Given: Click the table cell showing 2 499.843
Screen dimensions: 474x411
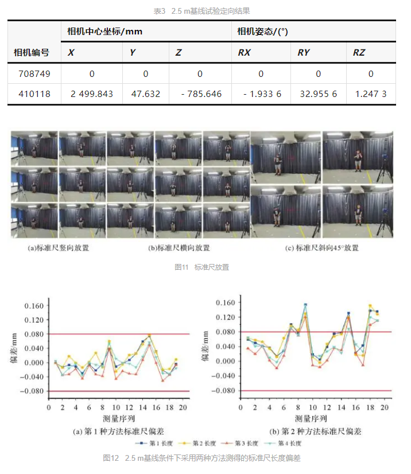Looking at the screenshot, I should point(92,94).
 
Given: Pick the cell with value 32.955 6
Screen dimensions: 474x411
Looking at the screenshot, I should point(319,94).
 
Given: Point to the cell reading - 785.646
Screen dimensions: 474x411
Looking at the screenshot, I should point(201,94).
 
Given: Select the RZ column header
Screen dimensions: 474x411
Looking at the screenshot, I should point(359,53).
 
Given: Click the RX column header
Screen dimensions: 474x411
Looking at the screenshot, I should point(244,53).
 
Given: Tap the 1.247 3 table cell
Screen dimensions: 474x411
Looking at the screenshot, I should point(371,94).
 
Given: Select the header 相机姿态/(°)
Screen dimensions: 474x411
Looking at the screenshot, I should point(263,32).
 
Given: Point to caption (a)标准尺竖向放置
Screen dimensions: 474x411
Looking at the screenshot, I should point(59,248).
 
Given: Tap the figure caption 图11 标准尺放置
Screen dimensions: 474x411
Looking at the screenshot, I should point(205,267).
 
